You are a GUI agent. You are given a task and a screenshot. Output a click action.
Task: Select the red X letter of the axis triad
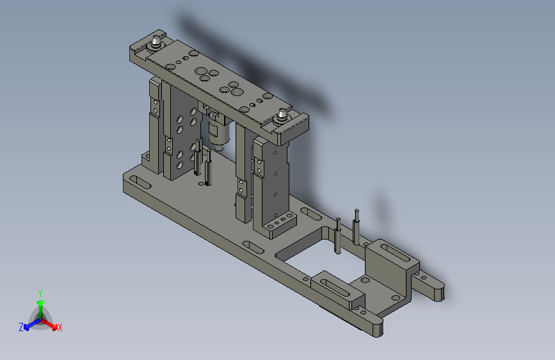(60, 328)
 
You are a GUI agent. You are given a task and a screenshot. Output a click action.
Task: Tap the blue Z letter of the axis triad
(21, 327)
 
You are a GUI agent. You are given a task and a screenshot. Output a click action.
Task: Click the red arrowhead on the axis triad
(53, 324)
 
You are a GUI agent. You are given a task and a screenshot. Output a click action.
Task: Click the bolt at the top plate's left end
(155, 44)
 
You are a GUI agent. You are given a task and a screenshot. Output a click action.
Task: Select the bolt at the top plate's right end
(281, 117)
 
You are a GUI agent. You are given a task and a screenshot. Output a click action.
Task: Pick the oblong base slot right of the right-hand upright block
(307, 213)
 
